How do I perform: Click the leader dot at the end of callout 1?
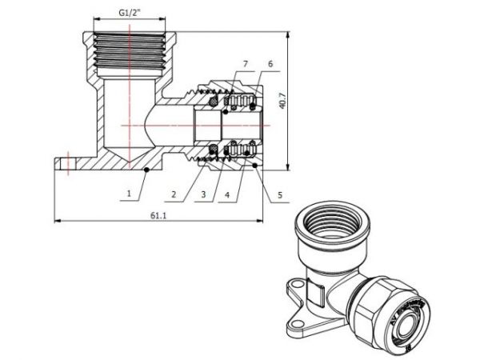tap(146, 170)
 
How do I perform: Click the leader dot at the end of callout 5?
tap(254, 165)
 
